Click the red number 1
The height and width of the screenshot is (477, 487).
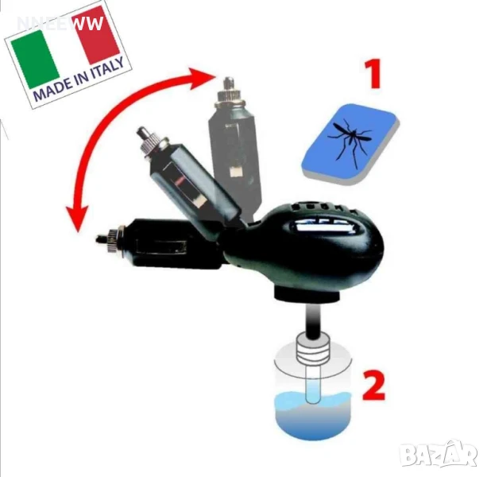tap(373, 74)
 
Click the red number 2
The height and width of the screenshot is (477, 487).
tap(373, 385)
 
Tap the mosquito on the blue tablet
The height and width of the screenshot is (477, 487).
tap(350, 141)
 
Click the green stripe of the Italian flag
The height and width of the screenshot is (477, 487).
tap(35, 60)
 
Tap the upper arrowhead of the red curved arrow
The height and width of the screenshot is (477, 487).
tap(201, 77)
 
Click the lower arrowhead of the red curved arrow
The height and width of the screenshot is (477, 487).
tap(77, 219)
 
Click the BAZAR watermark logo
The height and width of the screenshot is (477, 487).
tap(438, 455)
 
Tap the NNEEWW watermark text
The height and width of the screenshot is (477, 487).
tap(60, 23)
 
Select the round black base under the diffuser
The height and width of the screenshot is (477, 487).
tap(307, 293)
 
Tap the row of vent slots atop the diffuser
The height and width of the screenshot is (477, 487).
tap(324, 207)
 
